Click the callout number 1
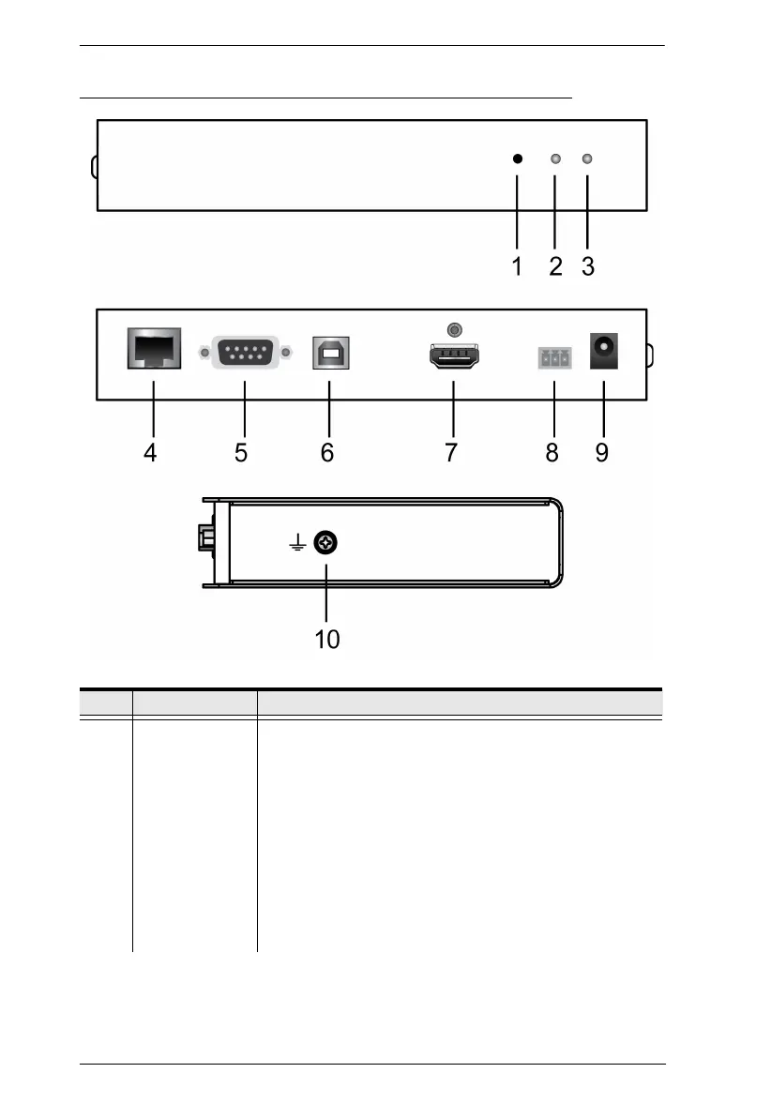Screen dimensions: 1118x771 pyautogui.click(x=517, y=267)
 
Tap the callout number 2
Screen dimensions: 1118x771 pyautogui.click(x=555, y=267)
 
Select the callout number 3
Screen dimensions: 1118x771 pyautogui.click(x=588, y=267)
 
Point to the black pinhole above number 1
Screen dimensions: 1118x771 pyautogui.click(x=517, y=159)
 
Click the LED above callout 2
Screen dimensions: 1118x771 pyautogui.click(x=555, y=159)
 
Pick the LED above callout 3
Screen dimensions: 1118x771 pyautogui.click(x=588, y=159)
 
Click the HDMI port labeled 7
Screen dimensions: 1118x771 pyautogui.click(x=453, y=358)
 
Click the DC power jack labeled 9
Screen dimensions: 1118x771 pyautogui.click(x=602, y=355)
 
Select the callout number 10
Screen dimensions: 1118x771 pyautogui.click(x=326, y=640)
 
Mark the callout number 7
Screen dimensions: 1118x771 pyautogui.click(x=451, y=453)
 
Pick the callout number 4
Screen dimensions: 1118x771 pyautogui.click(x=150, y=453)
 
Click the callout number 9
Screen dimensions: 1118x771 pyautogui.click(x=601, y=453)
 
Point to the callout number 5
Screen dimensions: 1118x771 pyautogui.click(x=241, y=453)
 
